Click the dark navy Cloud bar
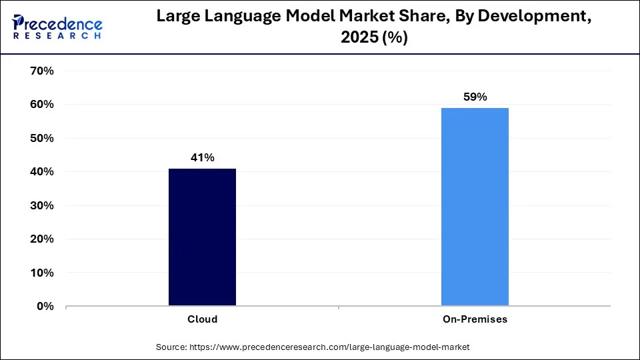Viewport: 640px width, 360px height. coord(202,237)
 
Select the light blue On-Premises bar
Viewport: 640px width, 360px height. coord(475,207)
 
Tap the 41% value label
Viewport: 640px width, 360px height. coord(202,157)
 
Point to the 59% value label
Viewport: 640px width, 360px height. coord(475,97)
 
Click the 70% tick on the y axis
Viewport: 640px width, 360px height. coord(42,71)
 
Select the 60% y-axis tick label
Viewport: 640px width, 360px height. coord(42,105)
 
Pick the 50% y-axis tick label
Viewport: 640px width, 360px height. coord(42,138)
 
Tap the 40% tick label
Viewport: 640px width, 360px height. coord(42,172)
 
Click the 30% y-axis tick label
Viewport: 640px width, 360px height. coord(42,205)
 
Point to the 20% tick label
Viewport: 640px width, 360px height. coord(42,239)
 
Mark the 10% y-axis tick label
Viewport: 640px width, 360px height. coord(42,273)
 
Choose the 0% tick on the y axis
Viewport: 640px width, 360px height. coord(45,307)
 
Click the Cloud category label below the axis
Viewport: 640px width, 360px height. coord(202,319)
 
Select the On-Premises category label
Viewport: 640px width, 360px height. coord(475,319)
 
